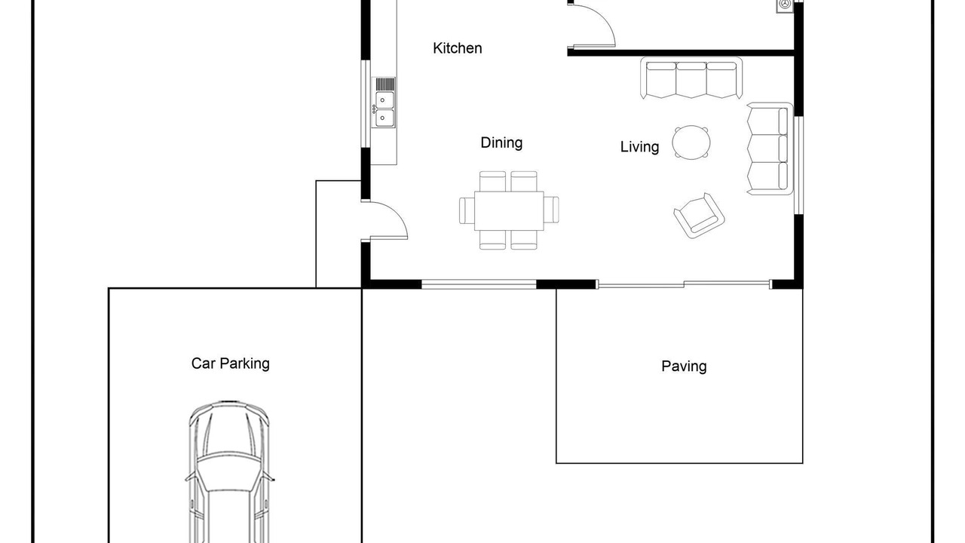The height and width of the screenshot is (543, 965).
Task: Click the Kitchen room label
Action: coord(457,48)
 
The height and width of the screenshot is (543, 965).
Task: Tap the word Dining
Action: coord(501,143)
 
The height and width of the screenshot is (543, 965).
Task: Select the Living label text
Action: coord(639,147)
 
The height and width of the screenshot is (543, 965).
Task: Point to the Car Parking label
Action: coord(231,364)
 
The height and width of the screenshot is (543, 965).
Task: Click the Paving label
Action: coord(684,367)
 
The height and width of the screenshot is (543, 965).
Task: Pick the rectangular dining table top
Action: coord(509,210)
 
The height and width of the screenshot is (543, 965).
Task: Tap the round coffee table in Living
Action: coord(691,143)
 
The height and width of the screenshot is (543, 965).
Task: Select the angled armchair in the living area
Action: coord(699,216)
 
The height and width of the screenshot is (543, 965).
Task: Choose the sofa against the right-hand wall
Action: coord(770,149)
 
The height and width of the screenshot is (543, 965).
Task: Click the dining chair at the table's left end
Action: coord(467,210)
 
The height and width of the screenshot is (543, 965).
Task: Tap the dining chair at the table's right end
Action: coord(551,210)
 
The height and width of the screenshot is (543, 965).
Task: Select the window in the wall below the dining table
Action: coord(479,284)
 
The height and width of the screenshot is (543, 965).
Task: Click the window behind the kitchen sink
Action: coord(366,104)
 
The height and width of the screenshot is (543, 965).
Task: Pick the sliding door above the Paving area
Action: coord(684,284)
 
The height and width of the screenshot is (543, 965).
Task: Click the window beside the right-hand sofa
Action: coord(798,165)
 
